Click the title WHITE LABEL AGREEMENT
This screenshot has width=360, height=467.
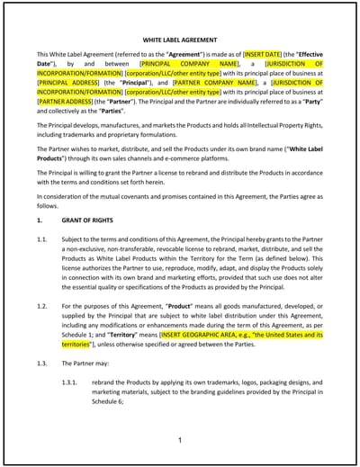[179, 40]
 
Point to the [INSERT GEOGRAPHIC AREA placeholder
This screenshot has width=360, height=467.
[234, 335]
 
